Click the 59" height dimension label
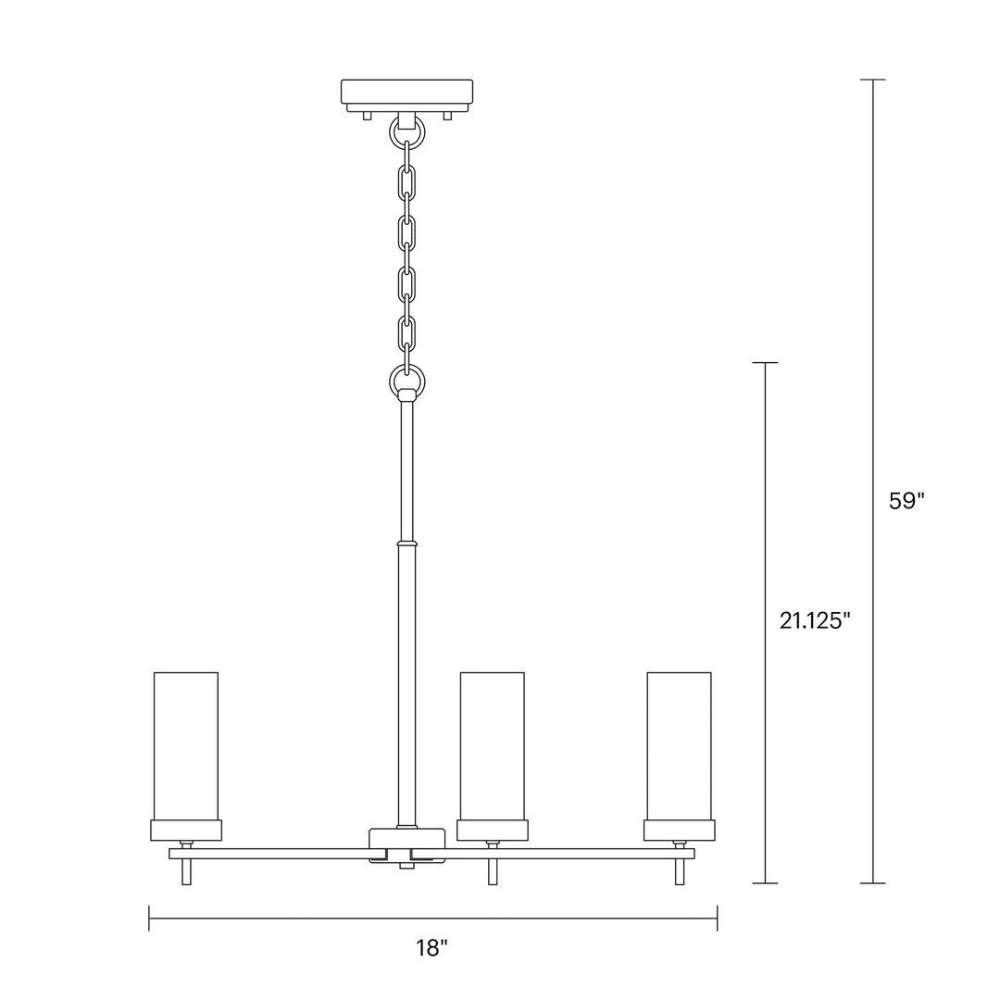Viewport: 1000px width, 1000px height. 906,501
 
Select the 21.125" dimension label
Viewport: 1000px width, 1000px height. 814,620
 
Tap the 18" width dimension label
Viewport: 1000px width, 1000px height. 431,947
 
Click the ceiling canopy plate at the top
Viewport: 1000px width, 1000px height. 406,93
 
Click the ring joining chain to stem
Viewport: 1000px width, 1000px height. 406,379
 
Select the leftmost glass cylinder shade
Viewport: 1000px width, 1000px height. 186,745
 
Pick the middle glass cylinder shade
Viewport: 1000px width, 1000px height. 493,745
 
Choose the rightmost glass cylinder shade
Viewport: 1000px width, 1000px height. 680,745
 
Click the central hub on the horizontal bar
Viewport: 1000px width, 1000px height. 406,844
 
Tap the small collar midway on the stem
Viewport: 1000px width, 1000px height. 406,543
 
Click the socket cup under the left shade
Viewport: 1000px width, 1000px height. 186,830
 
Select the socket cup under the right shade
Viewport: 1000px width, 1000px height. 680,830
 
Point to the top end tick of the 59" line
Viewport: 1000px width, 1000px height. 873,80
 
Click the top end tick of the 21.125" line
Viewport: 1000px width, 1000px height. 764,363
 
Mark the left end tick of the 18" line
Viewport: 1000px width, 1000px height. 149,919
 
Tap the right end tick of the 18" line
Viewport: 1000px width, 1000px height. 717,919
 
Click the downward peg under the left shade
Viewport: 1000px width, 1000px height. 186,871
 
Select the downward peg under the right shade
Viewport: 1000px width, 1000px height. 680,871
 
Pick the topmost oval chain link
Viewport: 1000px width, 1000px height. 406,182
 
